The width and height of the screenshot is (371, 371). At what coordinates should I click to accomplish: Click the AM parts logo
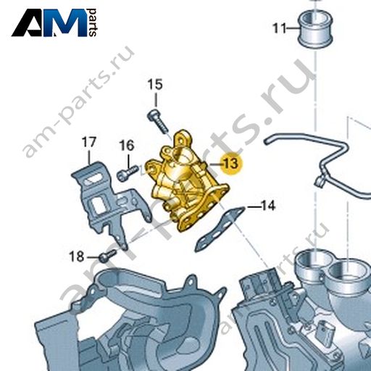click(x=54, y=22)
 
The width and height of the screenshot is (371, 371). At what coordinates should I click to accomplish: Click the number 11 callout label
click(x=280, y=28)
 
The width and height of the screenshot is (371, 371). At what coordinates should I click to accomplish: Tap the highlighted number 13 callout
click(x=231, y=163)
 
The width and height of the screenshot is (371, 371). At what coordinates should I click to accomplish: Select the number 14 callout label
click(x=268, y=206)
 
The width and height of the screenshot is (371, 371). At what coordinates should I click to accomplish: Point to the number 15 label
click(x=155, y=85)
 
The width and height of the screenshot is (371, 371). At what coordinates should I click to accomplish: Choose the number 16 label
click(x=127, y=146)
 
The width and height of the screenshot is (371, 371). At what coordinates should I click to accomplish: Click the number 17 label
click(x=89, y=142)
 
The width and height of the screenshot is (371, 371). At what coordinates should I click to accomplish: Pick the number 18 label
click(x=77, y=257)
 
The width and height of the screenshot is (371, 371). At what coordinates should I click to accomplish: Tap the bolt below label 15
click(x=158, y=121)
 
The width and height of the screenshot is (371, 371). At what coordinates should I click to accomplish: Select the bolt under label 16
click(x=127, y=174)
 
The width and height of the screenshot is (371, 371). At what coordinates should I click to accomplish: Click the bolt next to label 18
click(x=108, y=256)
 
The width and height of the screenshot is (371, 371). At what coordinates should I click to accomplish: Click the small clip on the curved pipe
click(x=321, y=180)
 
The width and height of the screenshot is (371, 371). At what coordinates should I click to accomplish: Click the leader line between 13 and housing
click(x=216, y=164)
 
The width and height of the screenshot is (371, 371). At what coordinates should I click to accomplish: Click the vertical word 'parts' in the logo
click(x=93, y=22)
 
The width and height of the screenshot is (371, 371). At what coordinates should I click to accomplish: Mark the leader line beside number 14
click(x=254, y=207)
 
